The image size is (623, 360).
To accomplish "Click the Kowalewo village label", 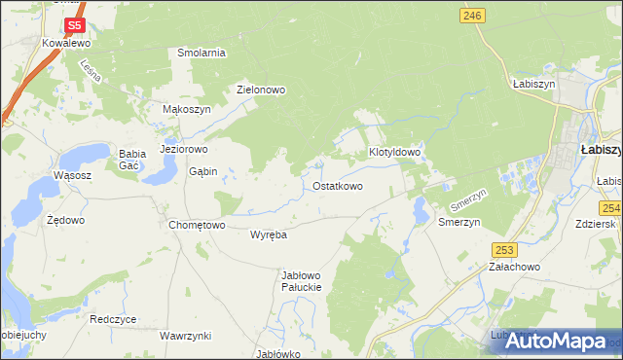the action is tap(66, 44).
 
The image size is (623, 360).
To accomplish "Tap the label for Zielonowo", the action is tap(261, 90).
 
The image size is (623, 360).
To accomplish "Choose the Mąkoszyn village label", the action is tap(186, 110).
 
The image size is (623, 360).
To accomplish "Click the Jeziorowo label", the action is tap(184, 150).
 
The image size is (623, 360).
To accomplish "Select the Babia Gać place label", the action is tap(132, 160).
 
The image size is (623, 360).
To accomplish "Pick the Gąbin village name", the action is tap(202, 171).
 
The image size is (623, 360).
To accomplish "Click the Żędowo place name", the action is tap(66, 220).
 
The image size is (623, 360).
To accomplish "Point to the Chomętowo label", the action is tap(197, 225).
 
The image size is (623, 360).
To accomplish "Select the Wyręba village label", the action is tap(268, 234).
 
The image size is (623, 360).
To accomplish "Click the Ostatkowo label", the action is tap(338, 185).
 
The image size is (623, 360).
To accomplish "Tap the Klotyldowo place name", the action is tap(394, 153).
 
